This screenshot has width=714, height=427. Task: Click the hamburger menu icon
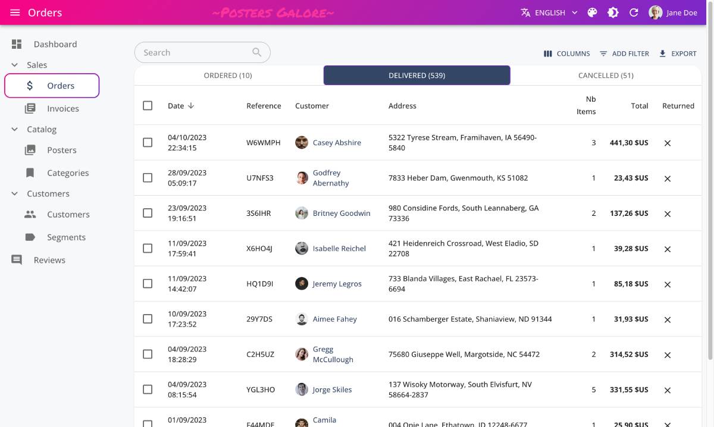coord(15,12)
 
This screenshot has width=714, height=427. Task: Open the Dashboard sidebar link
coord(55,44)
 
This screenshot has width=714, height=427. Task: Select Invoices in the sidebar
coord(62,108)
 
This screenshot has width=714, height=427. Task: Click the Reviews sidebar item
coord(49,260)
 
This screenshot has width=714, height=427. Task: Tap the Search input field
coord(196,52)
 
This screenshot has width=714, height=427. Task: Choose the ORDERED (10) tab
coord(228,76)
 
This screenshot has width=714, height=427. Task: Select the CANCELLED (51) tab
coord(606,76)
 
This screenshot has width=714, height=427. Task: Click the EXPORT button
coord(677,54)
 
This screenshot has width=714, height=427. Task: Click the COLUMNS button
coord(566,54)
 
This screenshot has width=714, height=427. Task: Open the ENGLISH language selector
coord(549,12)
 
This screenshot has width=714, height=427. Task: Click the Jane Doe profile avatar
coord(655,12)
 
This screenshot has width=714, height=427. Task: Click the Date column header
coord(176,106)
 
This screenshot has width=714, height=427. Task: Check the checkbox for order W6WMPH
coord(148,143)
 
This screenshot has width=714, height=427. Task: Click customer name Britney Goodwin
coord(342,213)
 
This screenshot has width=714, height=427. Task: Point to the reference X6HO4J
coord(259,249)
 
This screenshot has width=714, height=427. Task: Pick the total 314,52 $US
coord(629,354)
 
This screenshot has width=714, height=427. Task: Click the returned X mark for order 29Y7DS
coord(668,319)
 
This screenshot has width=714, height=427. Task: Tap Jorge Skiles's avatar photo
coord(302,390)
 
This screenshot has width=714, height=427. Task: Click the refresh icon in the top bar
coord(634,12)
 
